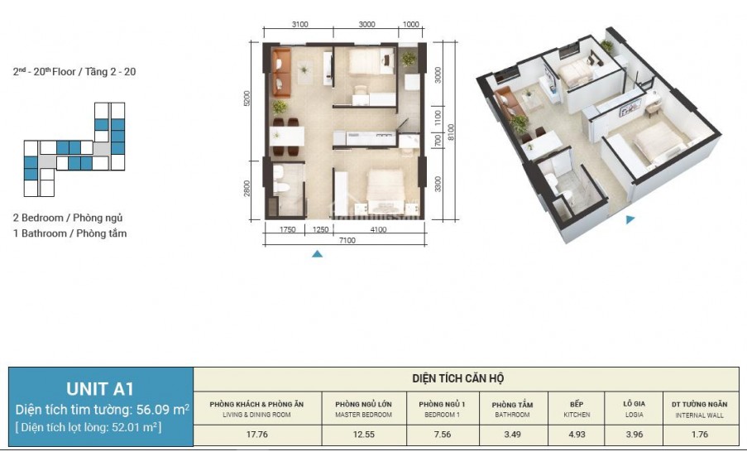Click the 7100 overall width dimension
coord(347,240)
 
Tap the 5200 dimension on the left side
coord(247,98)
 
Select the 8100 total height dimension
coord(451,132)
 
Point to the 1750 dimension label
coord(287,229)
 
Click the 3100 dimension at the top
coord(299,24)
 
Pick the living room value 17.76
coord(256,435)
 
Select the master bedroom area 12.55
coord(363,435)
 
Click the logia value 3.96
coord(634,435)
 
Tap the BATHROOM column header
coord(512,410)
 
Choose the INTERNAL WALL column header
coord(699,410)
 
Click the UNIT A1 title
coord(100,389)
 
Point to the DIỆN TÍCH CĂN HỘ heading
coord(457,378)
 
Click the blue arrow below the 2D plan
coord(318,254)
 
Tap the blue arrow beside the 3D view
coord(630,219)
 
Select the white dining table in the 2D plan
coord(287,137)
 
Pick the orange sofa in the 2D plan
coord(282,73)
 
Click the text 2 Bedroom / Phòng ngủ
coord(68,218)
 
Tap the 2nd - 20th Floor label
coord(74,71)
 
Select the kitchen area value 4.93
coord(577,435)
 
